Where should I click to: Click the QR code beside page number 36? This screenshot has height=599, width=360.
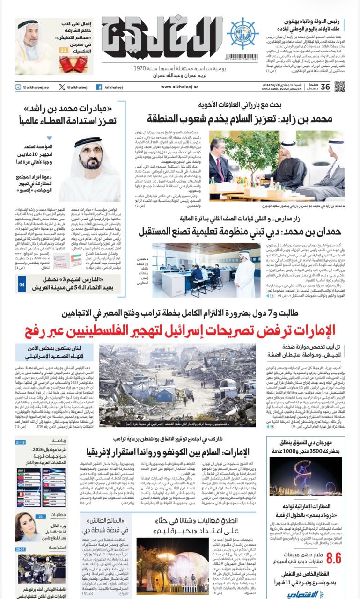[x=339, y=87]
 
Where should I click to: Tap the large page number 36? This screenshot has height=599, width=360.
[x=325, y=87]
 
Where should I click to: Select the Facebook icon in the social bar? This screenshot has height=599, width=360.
[x=99, y=87]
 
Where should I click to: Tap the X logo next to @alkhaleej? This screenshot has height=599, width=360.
[x=62, y=87]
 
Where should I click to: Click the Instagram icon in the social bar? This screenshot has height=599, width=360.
[x=18, y=87]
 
